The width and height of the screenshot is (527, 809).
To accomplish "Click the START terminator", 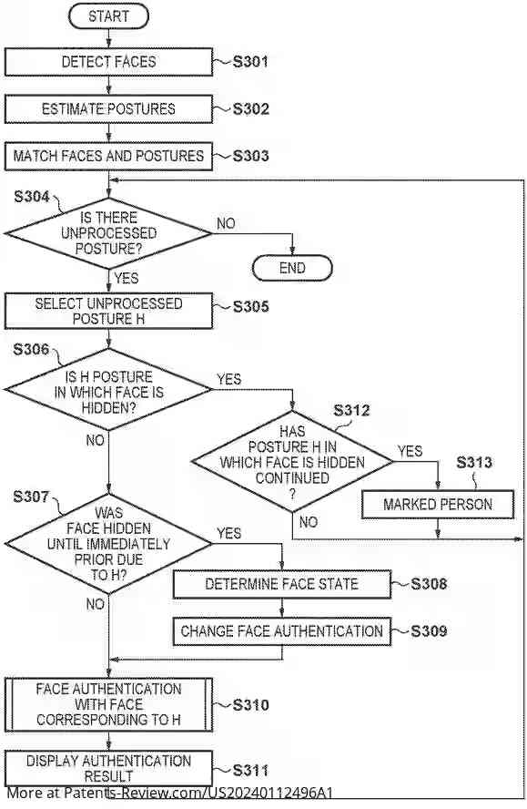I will coord(108,16).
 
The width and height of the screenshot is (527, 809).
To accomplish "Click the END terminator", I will coord(292,268).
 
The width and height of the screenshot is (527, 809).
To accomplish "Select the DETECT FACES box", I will coord(108,62).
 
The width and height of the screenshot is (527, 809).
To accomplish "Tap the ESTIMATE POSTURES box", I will coord(108,109).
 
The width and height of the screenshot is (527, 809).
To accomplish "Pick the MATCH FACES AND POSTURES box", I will coord(108,156).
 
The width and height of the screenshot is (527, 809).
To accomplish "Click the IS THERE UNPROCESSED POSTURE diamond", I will coord(108,233).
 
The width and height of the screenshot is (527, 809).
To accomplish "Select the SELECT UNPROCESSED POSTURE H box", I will coord(108,311).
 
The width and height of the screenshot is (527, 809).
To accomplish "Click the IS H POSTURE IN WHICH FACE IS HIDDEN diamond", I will coord(108,392).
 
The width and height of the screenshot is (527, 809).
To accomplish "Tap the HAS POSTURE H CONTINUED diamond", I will coord(291,462).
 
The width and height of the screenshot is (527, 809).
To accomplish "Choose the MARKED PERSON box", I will coord(438,504).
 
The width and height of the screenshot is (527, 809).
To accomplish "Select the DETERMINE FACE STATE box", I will coord(281,584).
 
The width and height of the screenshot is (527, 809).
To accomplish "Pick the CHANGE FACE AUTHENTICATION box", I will coord(281,630).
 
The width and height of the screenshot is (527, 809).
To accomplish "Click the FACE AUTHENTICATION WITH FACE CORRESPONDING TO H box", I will coord(108,704).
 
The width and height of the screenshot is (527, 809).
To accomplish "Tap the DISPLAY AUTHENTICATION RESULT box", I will coord(108,767).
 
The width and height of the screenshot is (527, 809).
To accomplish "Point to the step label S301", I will coord(250,62).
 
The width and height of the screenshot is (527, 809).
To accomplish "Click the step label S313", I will coord(473,463).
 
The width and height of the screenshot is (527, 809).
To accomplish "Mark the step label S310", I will coord(251,704).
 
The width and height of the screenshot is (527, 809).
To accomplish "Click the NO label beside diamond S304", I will coord(226,222).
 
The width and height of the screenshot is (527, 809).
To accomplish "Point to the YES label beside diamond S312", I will coord(410,451).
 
